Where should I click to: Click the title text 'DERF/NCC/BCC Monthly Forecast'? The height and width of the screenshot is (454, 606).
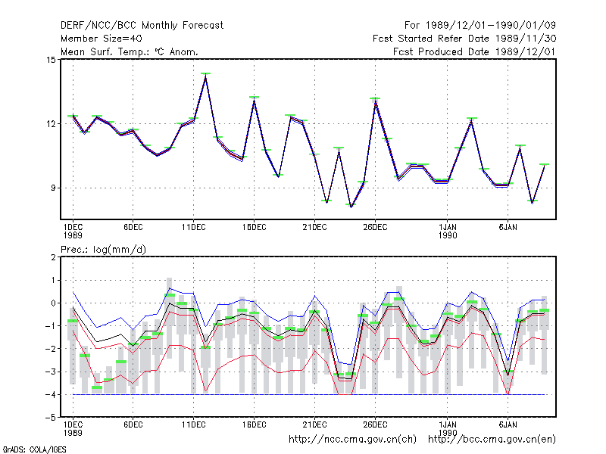pyautogui.click(x=142, y=26)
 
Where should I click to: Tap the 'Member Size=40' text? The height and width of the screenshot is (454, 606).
pyautogui.click(x=102, y=39)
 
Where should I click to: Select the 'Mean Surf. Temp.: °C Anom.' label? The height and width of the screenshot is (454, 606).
pyautogui.click(x=129, y=51)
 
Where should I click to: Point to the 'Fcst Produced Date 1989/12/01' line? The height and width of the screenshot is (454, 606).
pyautogui.click(x=474, y=51)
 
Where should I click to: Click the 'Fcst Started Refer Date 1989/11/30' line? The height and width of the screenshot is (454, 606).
pyautogui.click(x=464, y=39)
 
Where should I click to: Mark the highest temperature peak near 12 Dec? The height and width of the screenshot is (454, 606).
pyautogui.click(x=205, y=74)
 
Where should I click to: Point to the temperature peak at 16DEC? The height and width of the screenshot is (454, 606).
pyautogui.click(x=254, y=98)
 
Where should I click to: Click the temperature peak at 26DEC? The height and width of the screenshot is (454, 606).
pyautogui.click(x=375, y=100)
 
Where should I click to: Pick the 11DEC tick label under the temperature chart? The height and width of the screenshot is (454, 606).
pyautogui.click(x=194, y=227)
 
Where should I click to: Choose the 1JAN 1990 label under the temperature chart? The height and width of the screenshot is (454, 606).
pyautogui.click(x=448, y=231)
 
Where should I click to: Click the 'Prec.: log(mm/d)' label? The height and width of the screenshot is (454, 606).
pyautogui.click(x=103, y=250)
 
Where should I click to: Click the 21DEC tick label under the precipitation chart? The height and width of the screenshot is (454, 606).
pyautogui.click(x=314, y=424)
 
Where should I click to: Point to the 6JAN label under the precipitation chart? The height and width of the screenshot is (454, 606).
pyautogui.click(x=508, y=424)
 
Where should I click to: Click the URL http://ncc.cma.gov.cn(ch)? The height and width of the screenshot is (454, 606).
pyautogui.click(x=352, y=440)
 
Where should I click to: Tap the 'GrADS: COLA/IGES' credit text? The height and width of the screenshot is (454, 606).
pyautogui.click(x=34, y=449)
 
